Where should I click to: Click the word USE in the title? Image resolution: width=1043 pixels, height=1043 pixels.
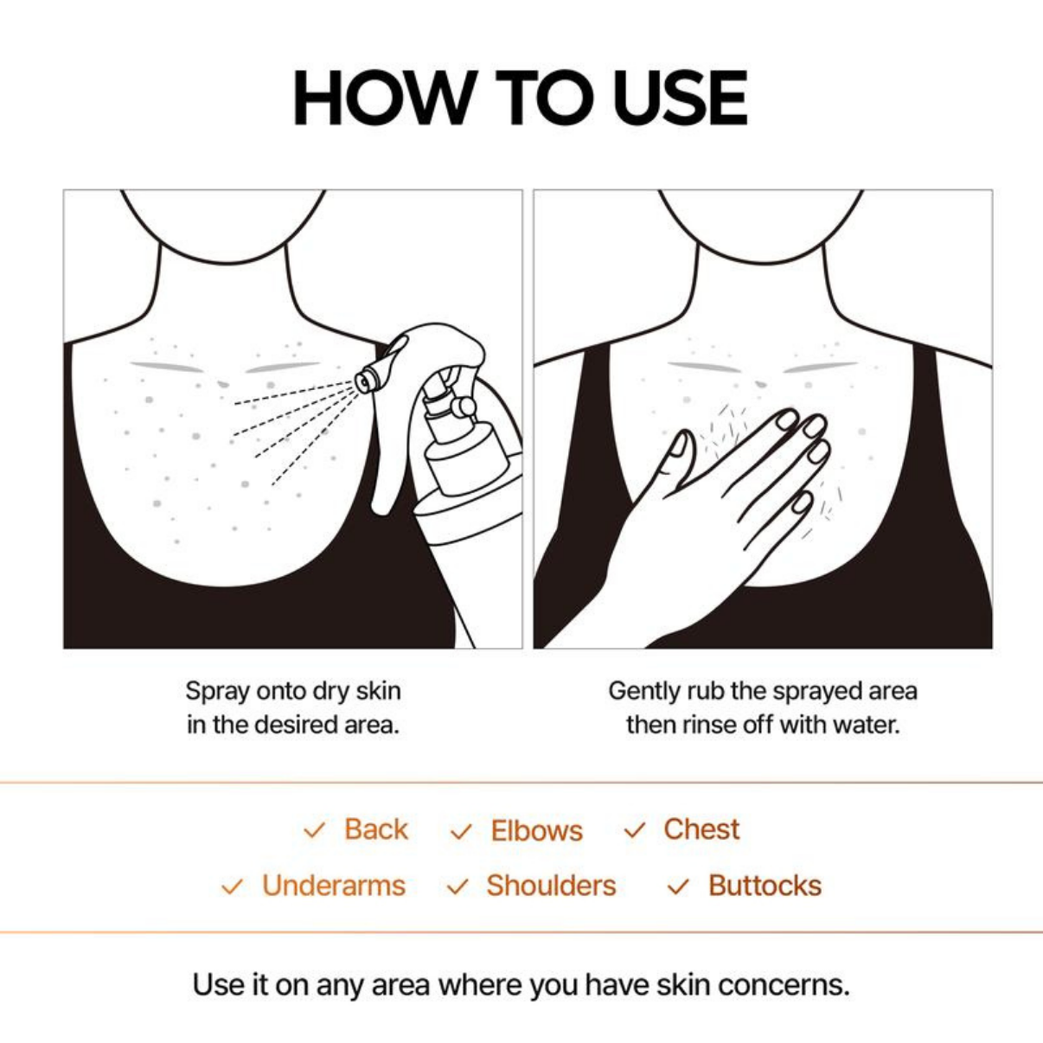click(x=680, y=99)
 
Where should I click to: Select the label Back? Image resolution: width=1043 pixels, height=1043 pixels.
click(x=375, y=829)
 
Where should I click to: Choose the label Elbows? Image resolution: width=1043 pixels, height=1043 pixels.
click(x=536, y=831)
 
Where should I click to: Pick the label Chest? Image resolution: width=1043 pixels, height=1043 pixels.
click(x=701, y=829)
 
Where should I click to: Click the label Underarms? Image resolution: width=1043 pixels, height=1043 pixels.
click(x=334, y=886)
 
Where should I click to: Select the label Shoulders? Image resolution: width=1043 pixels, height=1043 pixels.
click(x=551, y=886)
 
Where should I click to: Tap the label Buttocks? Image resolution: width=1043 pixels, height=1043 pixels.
click(x=765, y=886)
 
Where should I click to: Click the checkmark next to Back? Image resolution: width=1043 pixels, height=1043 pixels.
click(x=314, y=831)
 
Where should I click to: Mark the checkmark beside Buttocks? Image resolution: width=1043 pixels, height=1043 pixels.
click(x=679, y=887)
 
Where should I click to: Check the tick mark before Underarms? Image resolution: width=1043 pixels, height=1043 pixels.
click(x=232, y=887)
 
